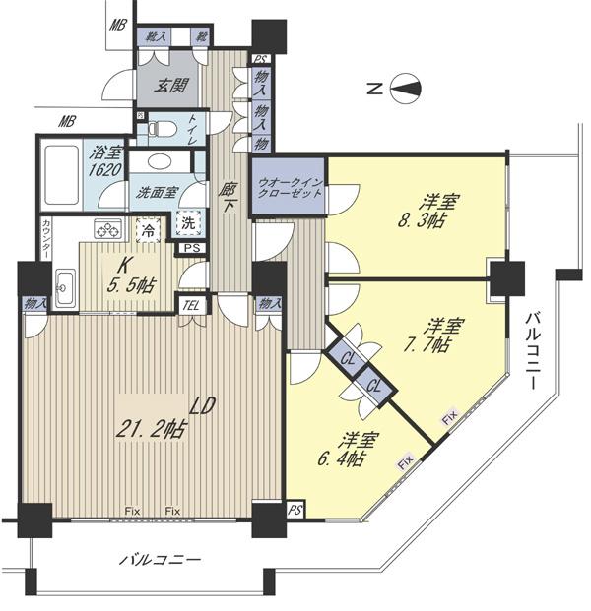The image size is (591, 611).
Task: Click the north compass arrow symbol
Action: pos(404,90)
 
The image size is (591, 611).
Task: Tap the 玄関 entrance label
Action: pos(171,86)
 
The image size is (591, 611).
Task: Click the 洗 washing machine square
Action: pos(187,222)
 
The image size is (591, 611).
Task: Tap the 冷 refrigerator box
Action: pos(147,232)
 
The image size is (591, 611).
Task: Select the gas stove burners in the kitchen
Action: pos(106,231)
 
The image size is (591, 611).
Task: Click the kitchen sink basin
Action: pos(67,288)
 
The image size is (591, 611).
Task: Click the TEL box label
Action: pos(190,305)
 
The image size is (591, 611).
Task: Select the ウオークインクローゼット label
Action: pos(290,188)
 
